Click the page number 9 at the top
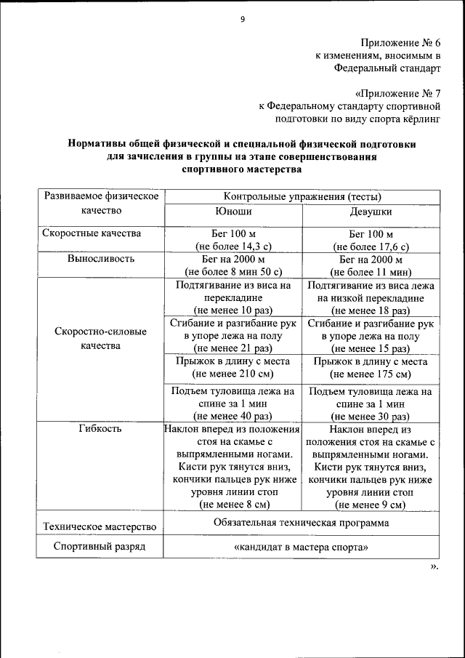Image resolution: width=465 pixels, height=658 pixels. tap(242, 20)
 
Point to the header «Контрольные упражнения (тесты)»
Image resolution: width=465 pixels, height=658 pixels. tap(302, 196)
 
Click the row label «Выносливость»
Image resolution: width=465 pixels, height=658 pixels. tap(101, 259)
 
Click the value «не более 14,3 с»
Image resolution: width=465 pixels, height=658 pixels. tap(232, 246)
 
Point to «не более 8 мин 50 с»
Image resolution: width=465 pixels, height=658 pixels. tap(232, 272)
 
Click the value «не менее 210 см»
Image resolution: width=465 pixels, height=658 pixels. tap(232, 374)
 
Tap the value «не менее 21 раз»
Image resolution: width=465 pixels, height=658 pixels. tap(232, 348)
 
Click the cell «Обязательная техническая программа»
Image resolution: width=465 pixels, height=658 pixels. tap(302, 523)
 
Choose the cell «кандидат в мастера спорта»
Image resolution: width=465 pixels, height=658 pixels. tap(302, 547)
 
